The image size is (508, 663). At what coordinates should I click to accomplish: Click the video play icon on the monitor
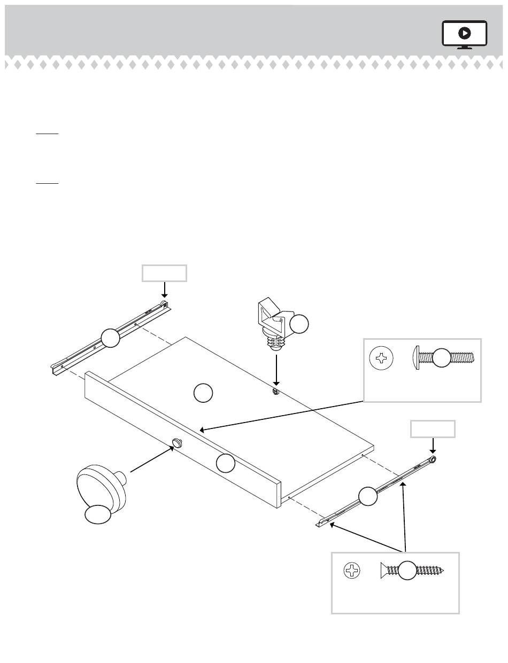tap(465, 33)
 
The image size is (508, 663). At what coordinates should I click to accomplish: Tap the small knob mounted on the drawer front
tap(177, 442)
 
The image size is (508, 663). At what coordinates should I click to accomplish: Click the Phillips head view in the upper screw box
tap(381, 358)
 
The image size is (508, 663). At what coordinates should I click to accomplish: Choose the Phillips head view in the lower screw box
tap(352, 571)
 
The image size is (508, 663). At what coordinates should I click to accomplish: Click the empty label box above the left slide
tap(164, 272)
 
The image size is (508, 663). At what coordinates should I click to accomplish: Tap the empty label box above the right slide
tap(433, 429)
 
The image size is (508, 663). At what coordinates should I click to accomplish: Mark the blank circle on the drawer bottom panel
tap(203, 393)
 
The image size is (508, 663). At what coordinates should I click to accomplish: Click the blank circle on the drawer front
tap(226, 463)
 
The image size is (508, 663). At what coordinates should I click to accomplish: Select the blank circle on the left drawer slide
tap(110, 338)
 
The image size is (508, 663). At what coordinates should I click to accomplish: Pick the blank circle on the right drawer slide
tap(367, 496)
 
